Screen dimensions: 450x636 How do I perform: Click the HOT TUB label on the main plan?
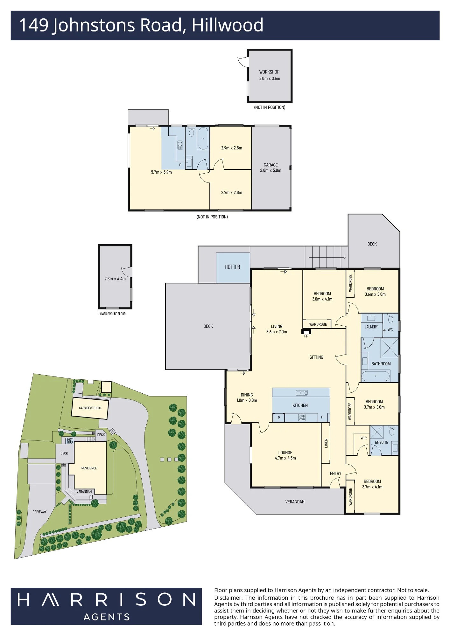[232, 267]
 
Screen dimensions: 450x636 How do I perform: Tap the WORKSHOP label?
[269, 72]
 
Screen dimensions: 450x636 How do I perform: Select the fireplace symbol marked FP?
[306, 332]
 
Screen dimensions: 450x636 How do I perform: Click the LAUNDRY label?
[371, 327]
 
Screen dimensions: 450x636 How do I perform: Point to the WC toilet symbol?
[391, 318]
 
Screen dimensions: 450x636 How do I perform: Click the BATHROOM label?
[381, 364]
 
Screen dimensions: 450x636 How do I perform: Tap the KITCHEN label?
[300, 405]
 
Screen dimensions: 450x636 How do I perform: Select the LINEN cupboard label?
[326, 443]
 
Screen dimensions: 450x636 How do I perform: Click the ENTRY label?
[335, 474]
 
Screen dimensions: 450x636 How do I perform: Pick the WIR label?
[363, 438]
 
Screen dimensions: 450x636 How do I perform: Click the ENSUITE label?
[381, 442]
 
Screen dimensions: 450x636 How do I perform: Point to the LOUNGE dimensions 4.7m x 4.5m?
[285, 458]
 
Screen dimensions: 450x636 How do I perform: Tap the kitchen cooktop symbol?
[302, 417]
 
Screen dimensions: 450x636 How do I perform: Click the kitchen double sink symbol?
[302, 393]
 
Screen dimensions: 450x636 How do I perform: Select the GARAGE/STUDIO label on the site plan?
[90, 408]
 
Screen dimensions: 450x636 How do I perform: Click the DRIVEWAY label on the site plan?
[39, 512]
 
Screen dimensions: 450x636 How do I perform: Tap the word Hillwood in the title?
[228, 25]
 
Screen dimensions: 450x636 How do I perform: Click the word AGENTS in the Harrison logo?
[107, 617]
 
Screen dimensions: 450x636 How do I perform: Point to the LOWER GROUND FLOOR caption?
[112, 314]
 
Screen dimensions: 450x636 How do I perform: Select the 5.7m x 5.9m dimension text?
[161, 172]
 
